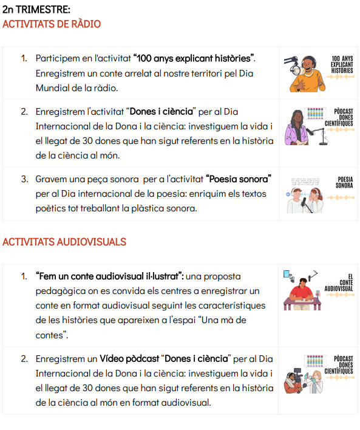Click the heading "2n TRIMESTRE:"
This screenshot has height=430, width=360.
pos(36,10)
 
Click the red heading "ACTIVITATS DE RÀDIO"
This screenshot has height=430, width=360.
pos(52,24)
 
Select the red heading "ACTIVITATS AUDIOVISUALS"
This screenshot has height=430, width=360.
pos(64,242)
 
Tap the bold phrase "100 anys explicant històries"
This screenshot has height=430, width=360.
pos(194,58)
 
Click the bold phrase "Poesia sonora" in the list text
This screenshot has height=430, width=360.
pos(238,179)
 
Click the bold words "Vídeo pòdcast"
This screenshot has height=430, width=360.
pos(129,359)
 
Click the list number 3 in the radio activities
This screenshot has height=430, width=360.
pos(24,179)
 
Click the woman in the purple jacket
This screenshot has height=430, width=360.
pos(297,128)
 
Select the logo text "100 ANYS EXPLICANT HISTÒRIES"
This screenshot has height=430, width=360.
pos(342,64)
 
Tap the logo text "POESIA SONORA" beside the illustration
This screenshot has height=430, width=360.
pos(344,182)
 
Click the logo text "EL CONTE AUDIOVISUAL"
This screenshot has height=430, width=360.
pos(339,283)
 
